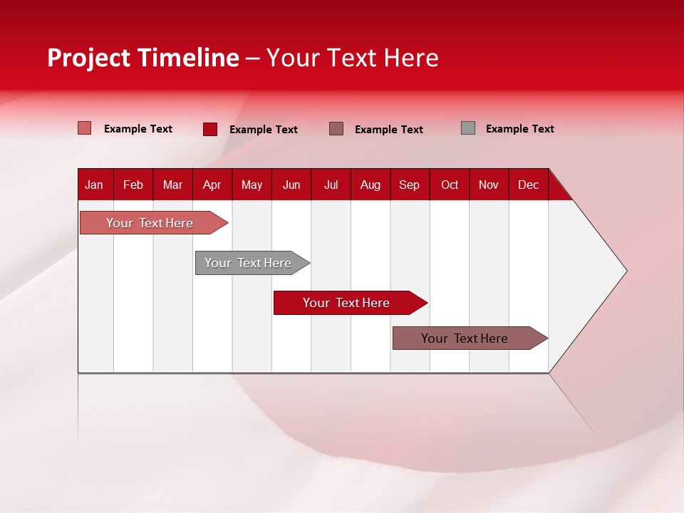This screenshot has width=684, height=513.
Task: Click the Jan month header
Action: (94, 185)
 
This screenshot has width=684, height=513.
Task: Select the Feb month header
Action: (133, 185)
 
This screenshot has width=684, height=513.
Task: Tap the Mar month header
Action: (172, 185)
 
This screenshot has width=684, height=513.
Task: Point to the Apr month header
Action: (212, 185)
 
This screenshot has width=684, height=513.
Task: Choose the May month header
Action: (252, 185)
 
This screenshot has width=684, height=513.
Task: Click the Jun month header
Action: (291, 185)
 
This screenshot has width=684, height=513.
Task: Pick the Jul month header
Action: (331, 185)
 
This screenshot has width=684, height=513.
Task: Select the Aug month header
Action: (370, 185)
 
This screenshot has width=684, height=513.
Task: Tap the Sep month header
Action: (410, 185)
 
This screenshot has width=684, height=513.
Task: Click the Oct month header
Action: (450, 185)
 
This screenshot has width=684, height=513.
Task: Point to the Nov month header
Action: (489, 185)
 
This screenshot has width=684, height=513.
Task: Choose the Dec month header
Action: (529, 185)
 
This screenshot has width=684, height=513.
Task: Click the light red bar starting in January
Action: (150, 223)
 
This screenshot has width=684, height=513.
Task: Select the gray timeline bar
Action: (248, 263)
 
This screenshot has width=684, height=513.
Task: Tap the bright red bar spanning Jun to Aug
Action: (346, 303)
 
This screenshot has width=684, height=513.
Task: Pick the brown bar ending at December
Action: (465, 338)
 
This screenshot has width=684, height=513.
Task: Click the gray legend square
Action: (468, 128)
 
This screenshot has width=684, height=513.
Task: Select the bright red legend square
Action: (210, 129)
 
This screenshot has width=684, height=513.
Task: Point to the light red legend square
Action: (85, 128)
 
